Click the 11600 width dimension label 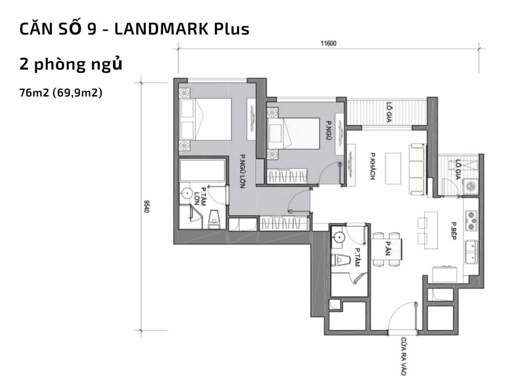pyautogui.click(x=329, y=43)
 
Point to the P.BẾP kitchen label pyautogui.click(x=454, y=230)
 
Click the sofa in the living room pyautogui.click(x=417, y=169)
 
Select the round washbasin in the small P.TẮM pyautogui.click(x=338, y=238)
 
